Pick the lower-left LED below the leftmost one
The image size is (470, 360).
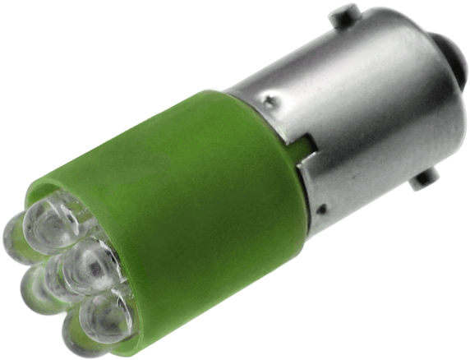click(41, 288)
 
